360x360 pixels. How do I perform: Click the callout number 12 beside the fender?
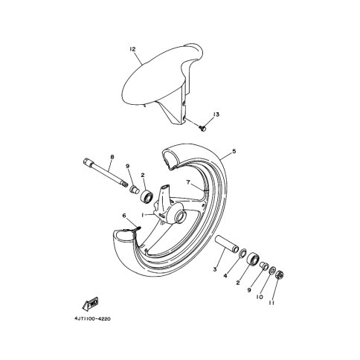coord(132,49)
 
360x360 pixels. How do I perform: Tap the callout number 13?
coord(216,115)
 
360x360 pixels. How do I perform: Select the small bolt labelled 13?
coord(202,129)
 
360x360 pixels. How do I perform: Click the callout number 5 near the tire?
coord(234,151)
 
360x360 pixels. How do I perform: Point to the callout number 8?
coord(112,157)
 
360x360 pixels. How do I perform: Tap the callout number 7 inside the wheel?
coord(188,182)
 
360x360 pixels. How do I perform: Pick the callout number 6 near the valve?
coord(124,216)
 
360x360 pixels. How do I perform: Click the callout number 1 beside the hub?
coord(143,216)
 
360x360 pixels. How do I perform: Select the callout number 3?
coord(215,269)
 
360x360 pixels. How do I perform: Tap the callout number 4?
coord(225,275)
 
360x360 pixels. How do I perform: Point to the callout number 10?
coord(260,297)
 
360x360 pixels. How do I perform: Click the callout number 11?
coord(271,303)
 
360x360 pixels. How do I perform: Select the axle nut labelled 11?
coord(280,274)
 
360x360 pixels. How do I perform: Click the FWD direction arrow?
coord(91,303)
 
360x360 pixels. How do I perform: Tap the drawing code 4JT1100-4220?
coord(92,318)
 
